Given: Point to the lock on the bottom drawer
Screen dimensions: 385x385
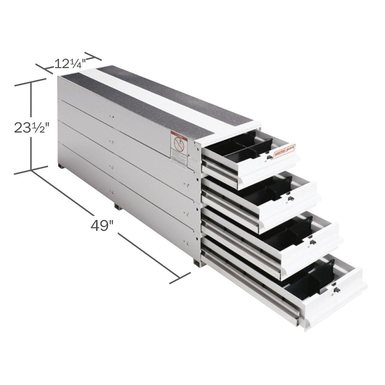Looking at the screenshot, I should (335, 291).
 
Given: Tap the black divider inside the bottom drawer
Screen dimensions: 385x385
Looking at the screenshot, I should (314, 278).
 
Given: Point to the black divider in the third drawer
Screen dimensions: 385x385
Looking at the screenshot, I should (289, 232).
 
